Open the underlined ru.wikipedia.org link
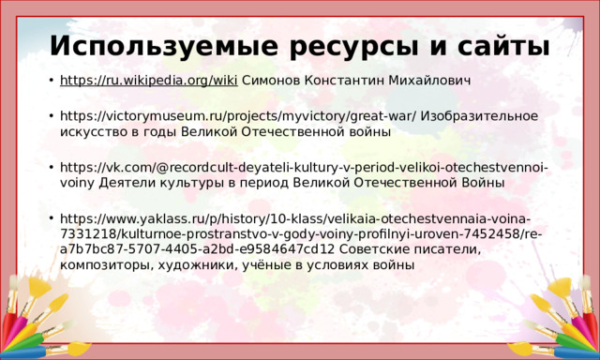(x=148, y=81)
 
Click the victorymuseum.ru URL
(x=238, y=115)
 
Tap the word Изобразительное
(x=479, y=115)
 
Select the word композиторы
(x=103, y=266)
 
